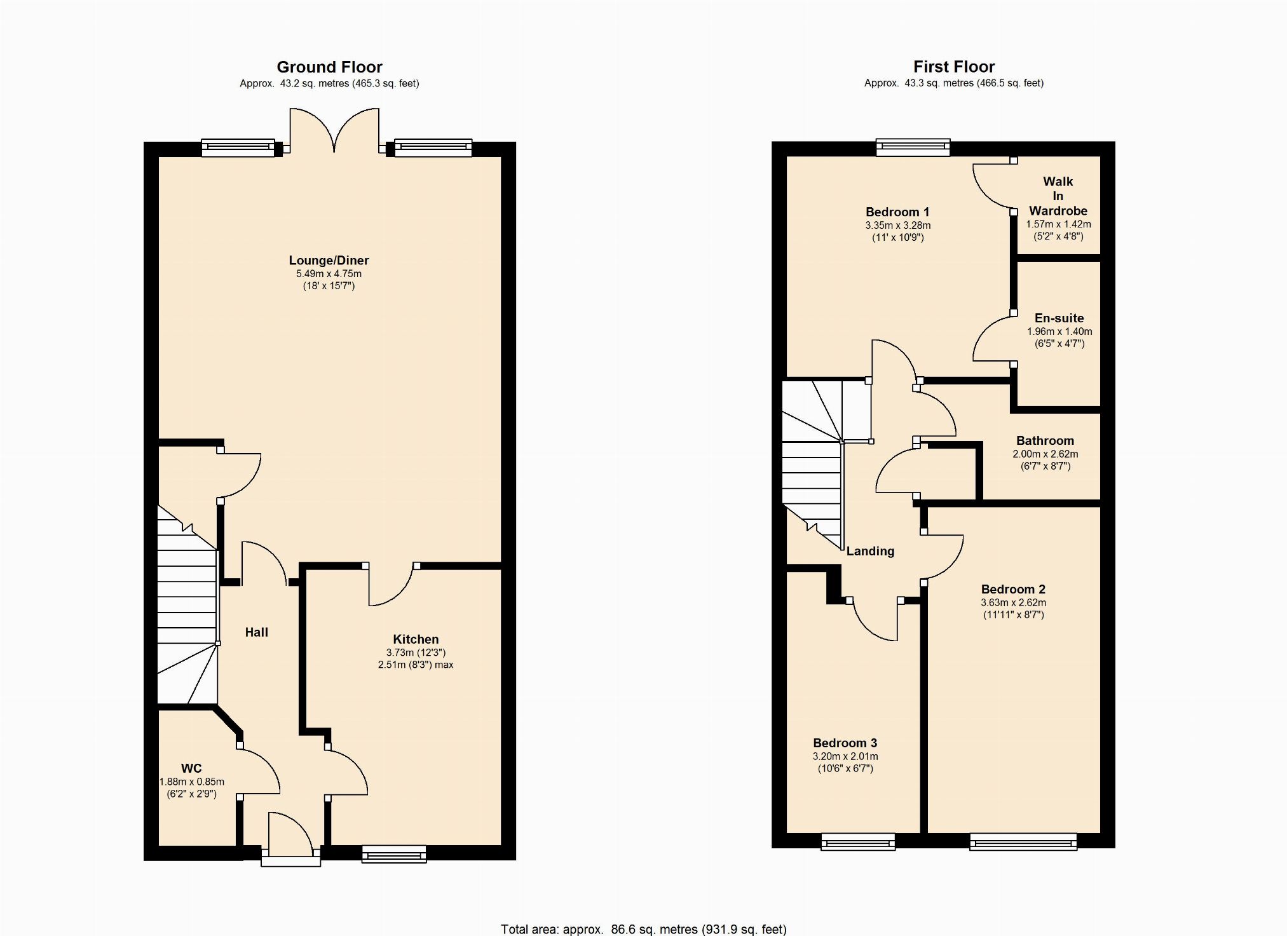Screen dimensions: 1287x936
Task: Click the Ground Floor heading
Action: (x=329, y=67)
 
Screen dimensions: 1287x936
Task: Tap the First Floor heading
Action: (x=954, y=67)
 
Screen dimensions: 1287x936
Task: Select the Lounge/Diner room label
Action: (x=329, y=260)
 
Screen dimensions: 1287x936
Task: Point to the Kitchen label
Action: (x=416, y=639)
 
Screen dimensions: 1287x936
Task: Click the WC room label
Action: (x=191, y=768)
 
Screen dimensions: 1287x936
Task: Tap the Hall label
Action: (x=257, y=632)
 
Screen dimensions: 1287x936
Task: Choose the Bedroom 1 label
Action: (x=897, y=212)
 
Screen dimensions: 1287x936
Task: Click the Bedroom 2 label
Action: (x=1013, y=589)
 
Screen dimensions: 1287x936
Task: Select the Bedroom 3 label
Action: (x=845, y=743)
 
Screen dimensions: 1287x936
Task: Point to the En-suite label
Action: (x=1059, y=318)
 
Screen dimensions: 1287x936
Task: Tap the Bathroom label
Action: (x=1045, y=440)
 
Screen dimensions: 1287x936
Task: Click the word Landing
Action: (x=870, y=551)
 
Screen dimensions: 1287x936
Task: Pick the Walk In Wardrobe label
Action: (x=1058, y=196)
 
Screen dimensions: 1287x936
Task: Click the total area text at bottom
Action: (x=643, y=929)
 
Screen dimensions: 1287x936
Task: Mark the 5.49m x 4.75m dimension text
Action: (x=329, y=274)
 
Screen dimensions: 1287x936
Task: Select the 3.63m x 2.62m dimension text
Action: (x=1013, y=603)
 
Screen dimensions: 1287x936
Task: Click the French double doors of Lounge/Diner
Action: (x=334, y=131)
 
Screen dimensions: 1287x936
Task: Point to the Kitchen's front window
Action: (x=394, y=854)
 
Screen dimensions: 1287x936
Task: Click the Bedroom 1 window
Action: (x=913, y=147)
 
